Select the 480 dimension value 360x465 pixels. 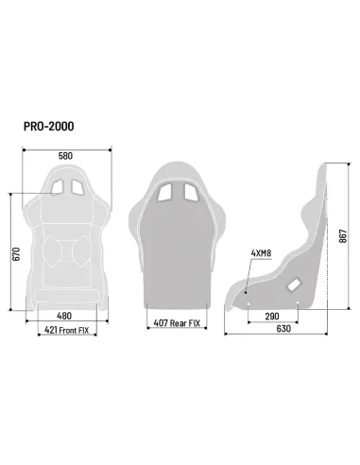pyautogui.click(x=63, y=317)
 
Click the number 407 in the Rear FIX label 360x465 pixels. pyautogui.click(x=163, y=323)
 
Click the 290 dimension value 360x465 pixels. pyautogui.click(x=272, y=317)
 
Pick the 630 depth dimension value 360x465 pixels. pyautogui.click(x=272, y=331)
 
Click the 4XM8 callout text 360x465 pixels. pyautogui.click(x=261, y=253)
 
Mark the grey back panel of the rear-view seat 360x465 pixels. pyautogui.click(x=176, y=255)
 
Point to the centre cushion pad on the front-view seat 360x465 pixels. pyautogui.click(x=64, y=250)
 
